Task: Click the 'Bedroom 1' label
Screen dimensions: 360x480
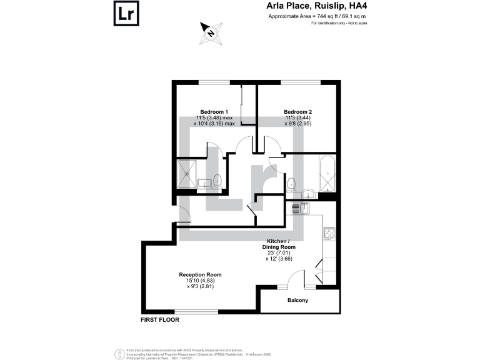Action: click(214, 111)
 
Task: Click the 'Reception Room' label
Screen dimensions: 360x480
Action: click(200, 274)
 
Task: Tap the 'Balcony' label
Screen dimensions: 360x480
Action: click(298, 301)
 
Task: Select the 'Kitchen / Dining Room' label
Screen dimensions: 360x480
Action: click(278, 244)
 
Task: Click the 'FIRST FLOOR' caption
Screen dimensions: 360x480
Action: click(160, 320)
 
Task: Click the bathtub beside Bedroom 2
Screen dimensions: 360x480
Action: click(328, 175)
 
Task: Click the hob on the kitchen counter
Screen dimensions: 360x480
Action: click(329, 234)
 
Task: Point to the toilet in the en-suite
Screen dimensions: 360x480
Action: click(217, 181)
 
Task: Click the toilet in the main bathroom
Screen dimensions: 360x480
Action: click(291, 185)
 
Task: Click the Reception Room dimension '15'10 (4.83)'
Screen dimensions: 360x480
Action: click(200, 281)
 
